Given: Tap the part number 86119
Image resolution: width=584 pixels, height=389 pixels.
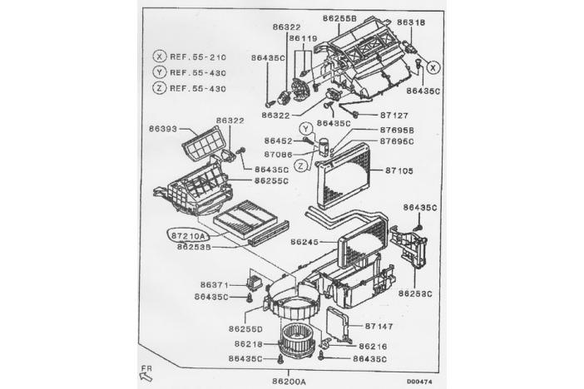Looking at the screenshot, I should (304, 38).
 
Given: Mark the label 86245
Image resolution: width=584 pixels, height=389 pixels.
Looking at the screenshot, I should (306, 243).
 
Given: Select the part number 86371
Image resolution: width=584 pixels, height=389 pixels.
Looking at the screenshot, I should (214, 285).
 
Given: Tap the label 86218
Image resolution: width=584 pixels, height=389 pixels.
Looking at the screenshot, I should (249, 343).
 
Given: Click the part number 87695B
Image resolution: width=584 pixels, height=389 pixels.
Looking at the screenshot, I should (397, 130).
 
